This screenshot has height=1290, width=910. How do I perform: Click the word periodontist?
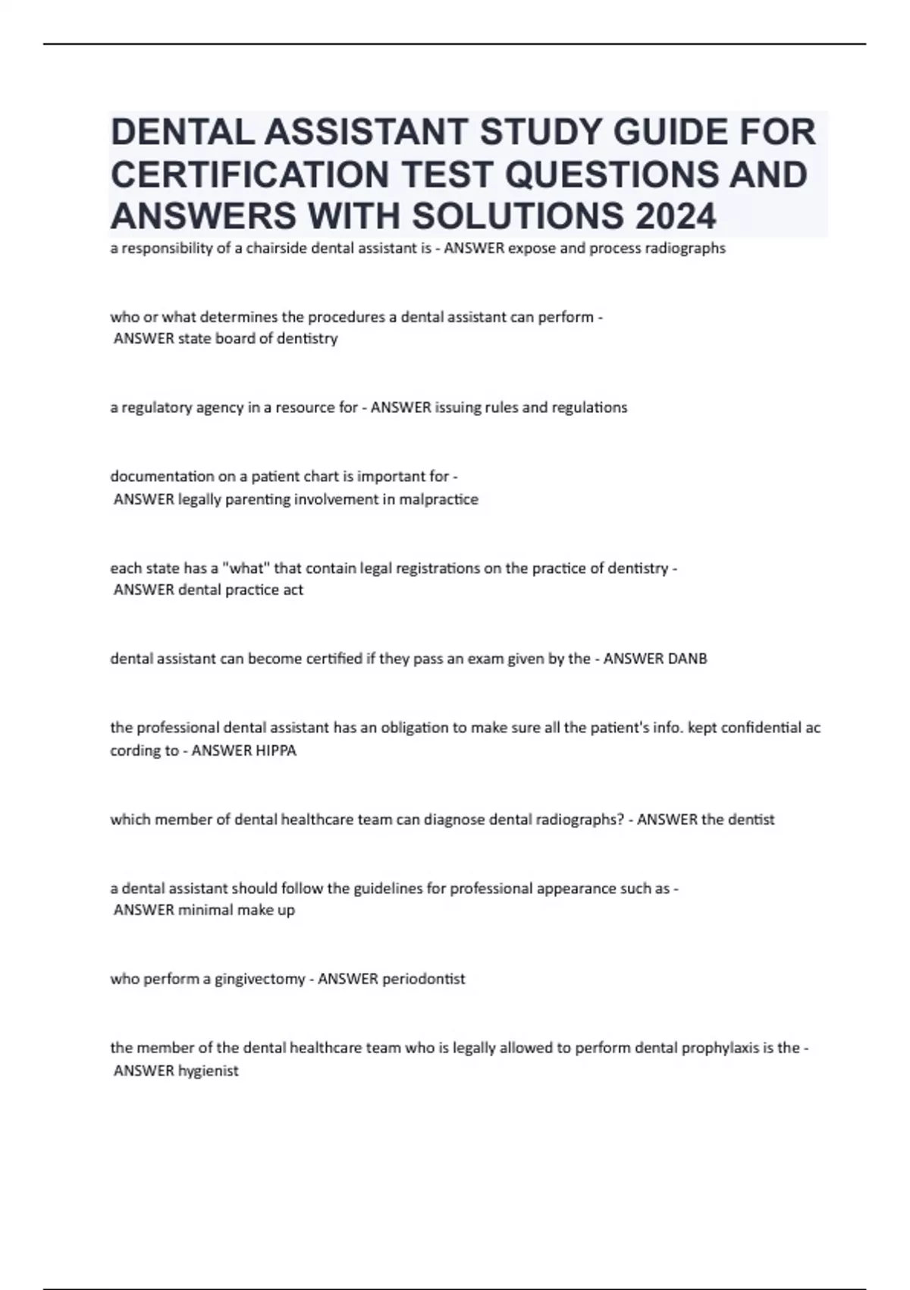click(423, 979)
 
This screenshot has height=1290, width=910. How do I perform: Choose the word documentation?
click(156, 477)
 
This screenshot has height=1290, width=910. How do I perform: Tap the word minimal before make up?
click(205, 910)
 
